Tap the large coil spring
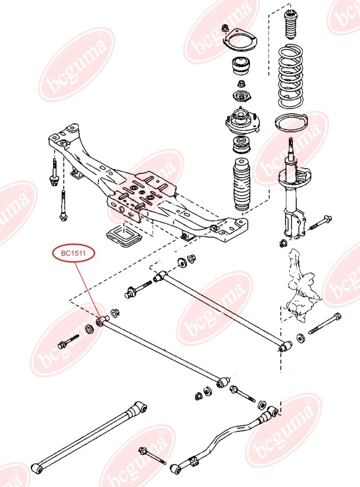click(x=292, y=77)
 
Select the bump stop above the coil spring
click(x=290, y=25)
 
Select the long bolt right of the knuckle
click(x=324, y=324)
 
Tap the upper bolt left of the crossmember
click(x=54, y=173)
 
